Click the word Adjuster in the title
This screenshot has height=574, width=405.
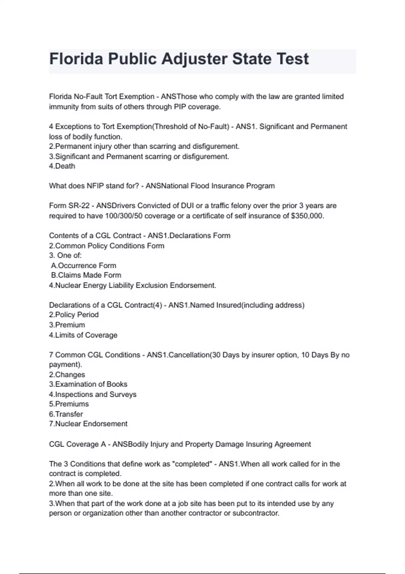coord(194,59)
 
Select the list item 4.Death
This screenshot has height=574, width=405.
coord(62,166)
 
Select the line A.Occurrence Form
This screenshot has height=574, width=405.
coord(84,266)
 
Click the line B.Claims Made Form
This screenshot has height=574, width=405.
coord(86,275)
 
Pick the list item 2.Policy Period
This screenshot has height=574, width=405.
coord(74,315)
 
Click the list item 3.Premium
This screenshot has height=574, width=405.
coord(67,325)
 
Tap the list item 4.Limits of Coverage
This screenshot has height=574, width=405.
coord(83,335)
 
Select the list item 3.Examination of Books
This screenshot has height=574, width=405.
coord(88,384)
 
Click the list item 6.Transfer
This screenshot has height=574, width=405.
coord(66,414)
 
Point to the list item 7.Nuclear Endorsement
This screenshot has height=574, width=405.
coord(88,424)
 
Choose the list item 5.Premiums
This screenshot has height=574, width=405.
coord(69,404)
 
